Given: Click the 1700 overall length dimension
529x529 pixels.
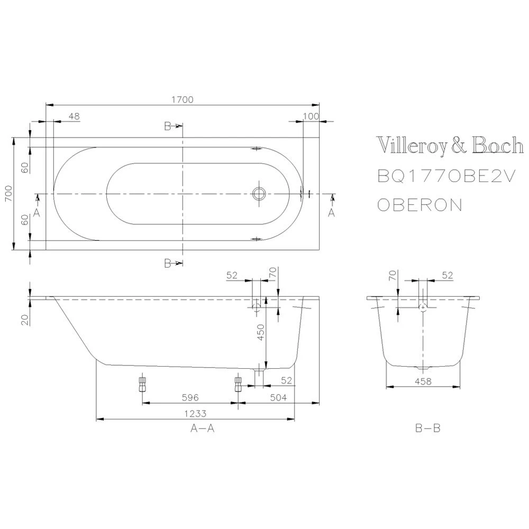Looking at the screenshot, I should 183,99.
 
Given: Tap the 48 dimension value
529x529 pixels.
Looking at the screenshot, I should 74,116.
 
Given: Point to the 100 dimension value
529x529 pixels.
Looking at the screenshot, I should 312,116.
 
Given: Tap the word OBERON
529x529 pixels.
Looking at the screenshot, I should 419,205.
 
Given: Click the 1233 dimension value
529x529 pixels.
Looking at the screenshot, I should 195,414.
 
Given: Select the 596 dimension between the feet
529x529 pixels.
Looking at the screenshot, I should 188,397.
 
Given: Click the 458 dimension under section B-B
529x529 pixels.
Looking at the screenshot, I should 422,381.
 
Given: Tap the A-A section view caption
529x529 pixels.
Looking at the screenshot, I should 202,429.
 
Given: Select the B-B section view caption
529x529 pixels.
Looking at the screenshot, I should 427,429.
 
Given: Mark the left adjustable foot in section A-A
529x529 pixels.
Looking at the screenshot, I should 142,383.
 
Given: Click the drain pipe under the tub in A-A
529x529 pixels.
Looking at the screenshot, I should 259,377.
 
